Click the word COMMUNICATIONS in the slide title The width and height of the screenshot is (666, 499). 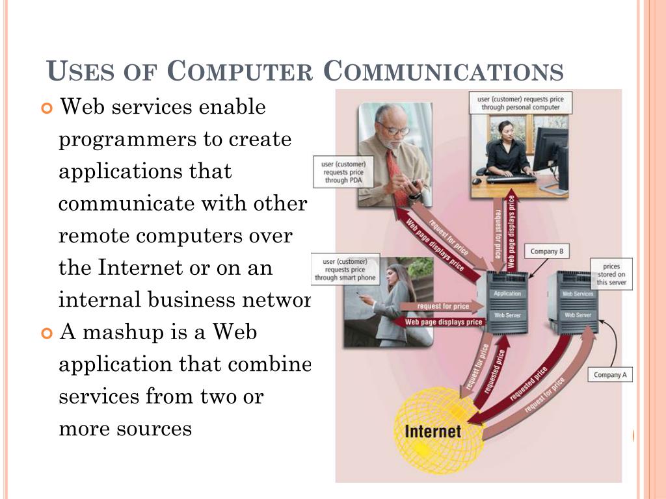coord(444,71)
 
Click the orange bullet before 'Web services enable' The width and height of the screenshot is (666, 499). coord(46,107)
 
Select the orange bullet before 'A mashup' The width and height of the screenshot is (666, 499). coord(46,333)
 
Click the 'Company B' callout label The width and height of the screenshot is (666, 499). coord(547,251)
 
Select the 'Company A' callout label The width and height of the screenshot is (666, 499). coord(610,374)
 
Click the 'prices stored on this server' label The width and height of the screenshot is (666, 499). coord(611,274)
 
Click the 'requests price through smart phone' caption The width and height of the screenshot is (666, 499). coord(343,270)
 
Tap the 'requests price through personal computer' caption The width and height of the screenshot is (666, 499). coord(520,103)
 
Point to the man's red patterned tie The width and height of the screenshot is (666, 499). coord(396,175)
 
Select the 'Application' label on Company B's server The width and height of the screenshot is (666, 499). coord(507,294)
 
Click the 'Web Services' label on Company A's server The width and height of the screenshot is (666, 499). coord(578,294)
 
